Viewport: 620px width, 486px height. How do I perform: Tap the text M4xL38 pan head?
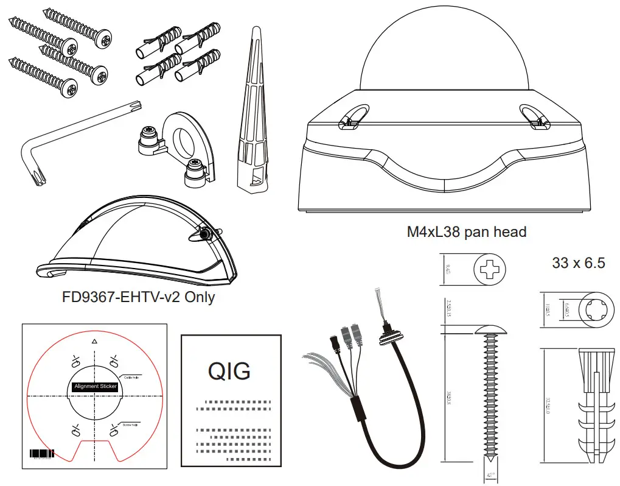467,232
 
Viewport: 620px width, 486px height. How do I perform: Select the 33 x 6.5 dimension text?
578,263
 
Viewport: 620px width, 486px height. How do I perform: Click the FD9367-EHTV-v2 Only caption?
138,298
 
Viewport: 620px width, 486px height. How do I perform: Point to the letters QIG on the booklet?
229,370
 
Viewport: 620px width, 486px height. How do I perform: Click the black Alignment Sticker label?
95,386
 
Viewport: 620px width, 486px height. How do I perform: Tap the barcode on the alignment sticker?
42,454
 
